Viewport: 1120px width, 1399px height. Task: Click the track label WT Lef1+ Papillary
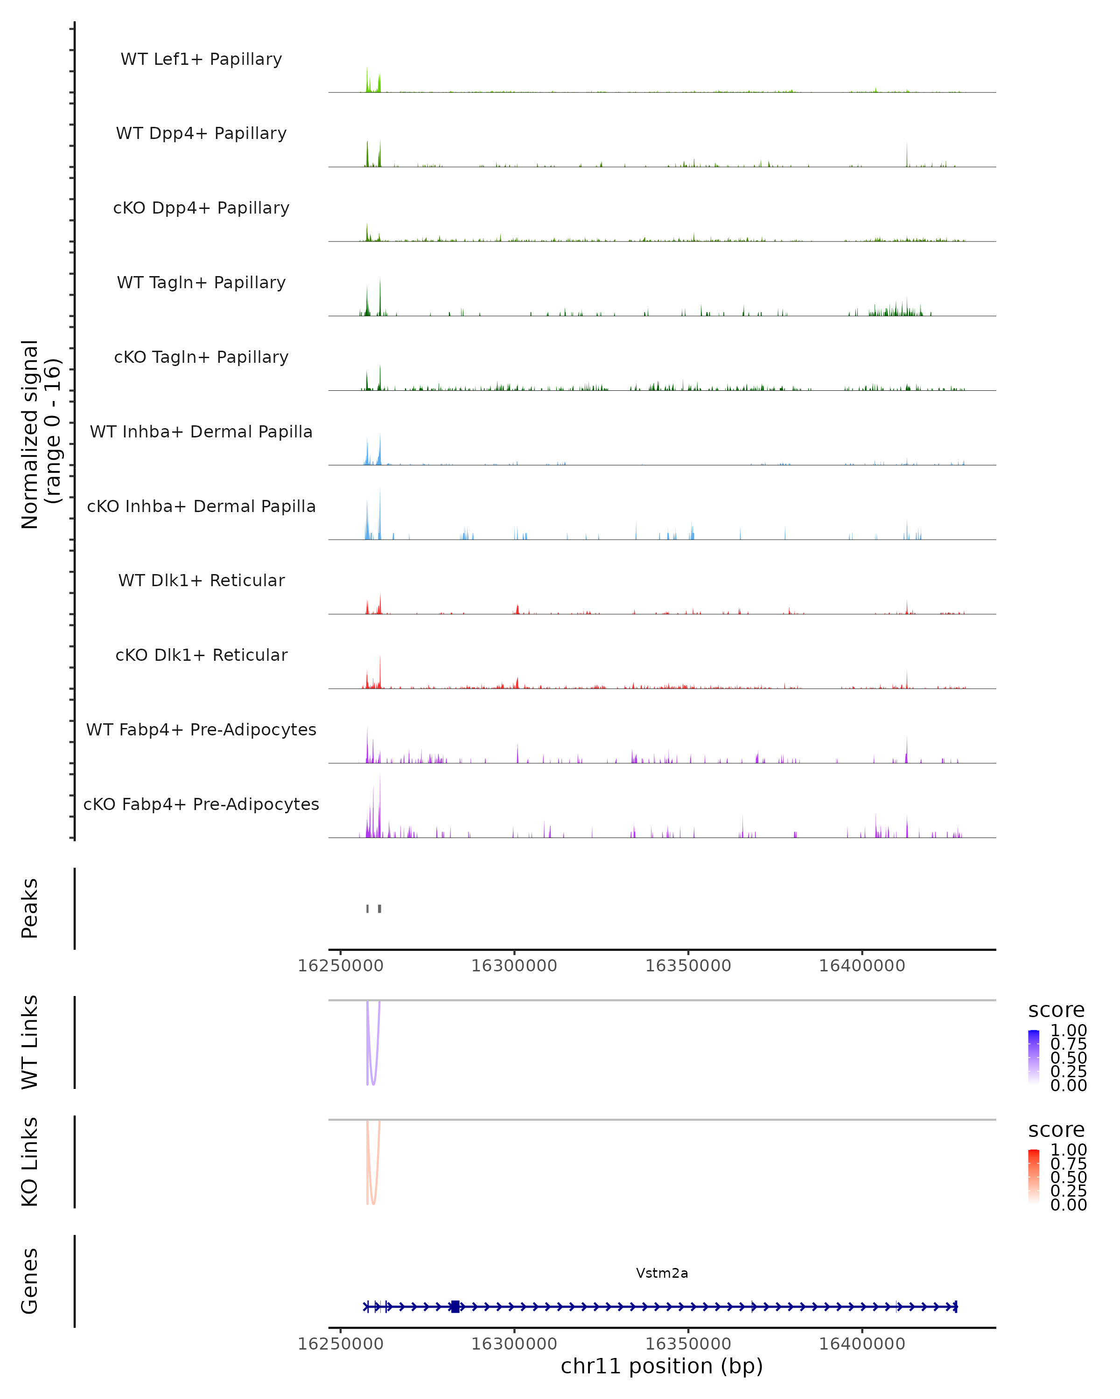click(x=201, y=59)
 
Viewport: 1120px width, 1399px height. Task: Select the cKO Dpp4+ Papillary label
click(x=201, y=208)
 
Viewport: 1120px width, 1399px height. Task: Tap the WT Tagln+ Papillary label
click(x=201, y=283)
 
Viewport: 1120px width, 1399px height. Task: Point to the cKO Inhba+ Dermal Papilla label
click(x=201, y=507)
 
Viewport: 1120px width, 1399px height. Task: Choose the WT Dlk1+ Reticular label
click(x=201, y=581)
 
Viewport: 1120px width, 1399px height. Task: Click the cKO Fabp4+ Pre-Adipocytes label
click(x=201, y=804)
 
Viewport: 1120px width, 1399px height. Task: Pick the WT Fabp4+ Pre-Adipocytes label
click(x=201, y=730)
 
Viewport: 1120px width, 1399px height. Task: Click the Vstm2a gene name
click(x=662, y=1274)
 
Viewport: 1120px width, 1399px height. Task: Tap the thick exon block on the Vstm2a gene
click(x=455, y=1307)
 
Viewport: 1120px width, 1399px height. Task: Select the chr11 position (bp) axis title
click(x=662, y=1366)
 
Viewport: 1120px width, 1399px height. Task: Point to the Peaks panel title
click(x=30, y=908)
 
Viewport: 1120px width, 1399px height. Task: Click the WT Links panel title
click(x=30, y=1043)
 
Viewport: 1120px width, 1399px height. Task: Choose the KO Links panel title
click(x=30, y=1162)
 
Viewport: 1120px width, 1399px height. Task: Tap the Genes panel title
click(x=30, y=1281)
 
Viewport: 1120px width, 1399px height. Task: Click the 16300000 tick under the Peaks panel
click(x=514, y=966)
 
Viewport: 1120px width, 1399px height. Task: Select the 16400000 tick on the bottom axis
click(x=862, y=1344)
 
